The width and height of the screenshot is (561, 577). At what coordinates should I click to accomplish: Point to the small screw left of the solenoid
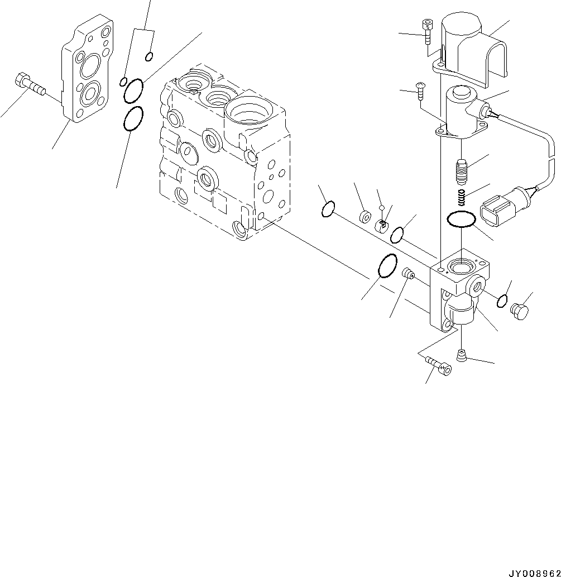pyautogui.click(x=420, y=90)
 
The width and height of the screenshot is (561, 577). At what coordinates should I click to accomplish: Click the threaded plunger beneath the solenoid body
pyautogui.click(x=461, y=171)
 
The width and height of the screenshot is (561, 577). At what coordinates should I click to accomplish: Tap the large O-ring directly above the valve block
pyautogui.click(x=461, y=220)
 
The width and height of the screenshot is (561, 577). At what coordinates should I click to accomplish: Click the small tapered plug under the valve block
pyautogui.click(x=461, y=355)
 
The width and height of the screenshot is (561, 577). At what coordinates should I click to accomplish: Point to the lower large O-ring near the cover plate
pyautogui.click(x=133, y=119)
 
